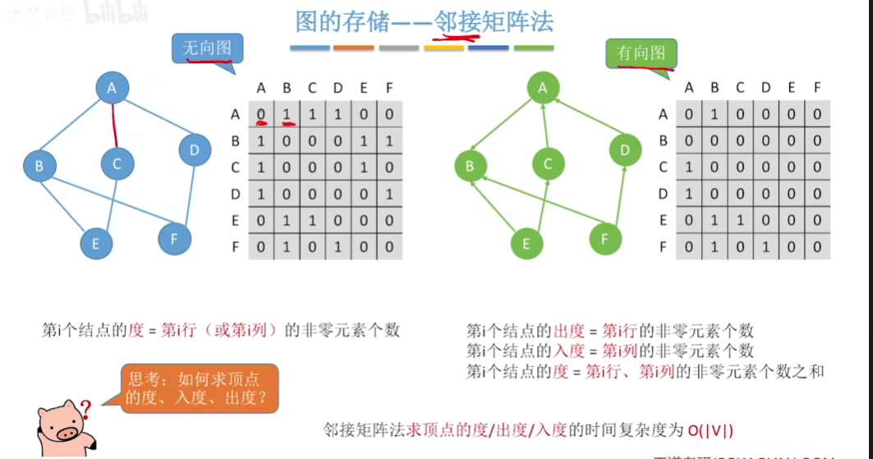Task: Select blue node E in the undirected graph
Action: coord(96,243)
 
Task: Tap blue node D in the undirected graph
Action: coord(195,149)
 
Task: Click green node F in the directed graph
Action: coord(605,239)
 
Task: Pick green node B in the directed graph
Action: coord(470,167)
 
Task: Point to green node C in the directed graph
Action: coord(548,164)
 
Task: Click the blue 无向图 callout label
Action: coord(207,48)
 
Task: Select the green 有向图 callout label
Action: coord(641,54)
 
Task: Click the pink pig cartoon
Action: coord(62,426)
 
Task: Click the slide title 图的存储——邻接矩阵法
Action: coord(424,21)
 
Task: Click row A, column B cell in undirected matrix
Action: coord(287,115)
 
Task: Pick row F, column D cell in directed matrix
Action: coord(765,246)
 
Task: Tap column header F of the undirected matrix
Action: coord(388,88)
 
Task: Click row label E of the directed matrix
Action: coord(663,220)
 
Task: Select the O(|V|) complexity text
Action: coord(710,429)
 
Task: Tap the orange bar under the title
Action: coord(353,48)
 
